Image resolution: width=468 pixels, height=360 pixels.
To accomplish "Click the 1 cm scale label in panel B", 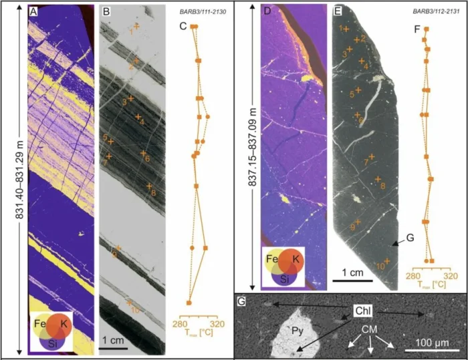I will pyautogui.click(x=114, y=341).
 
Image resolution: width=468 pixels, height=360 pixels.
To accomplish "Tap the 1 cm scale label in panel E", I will pyautogui.click(x=348, y=272).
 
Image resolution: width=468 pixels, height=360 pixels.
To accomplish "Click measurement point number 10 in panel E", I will pyautogui.click(x=379, y=266).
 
